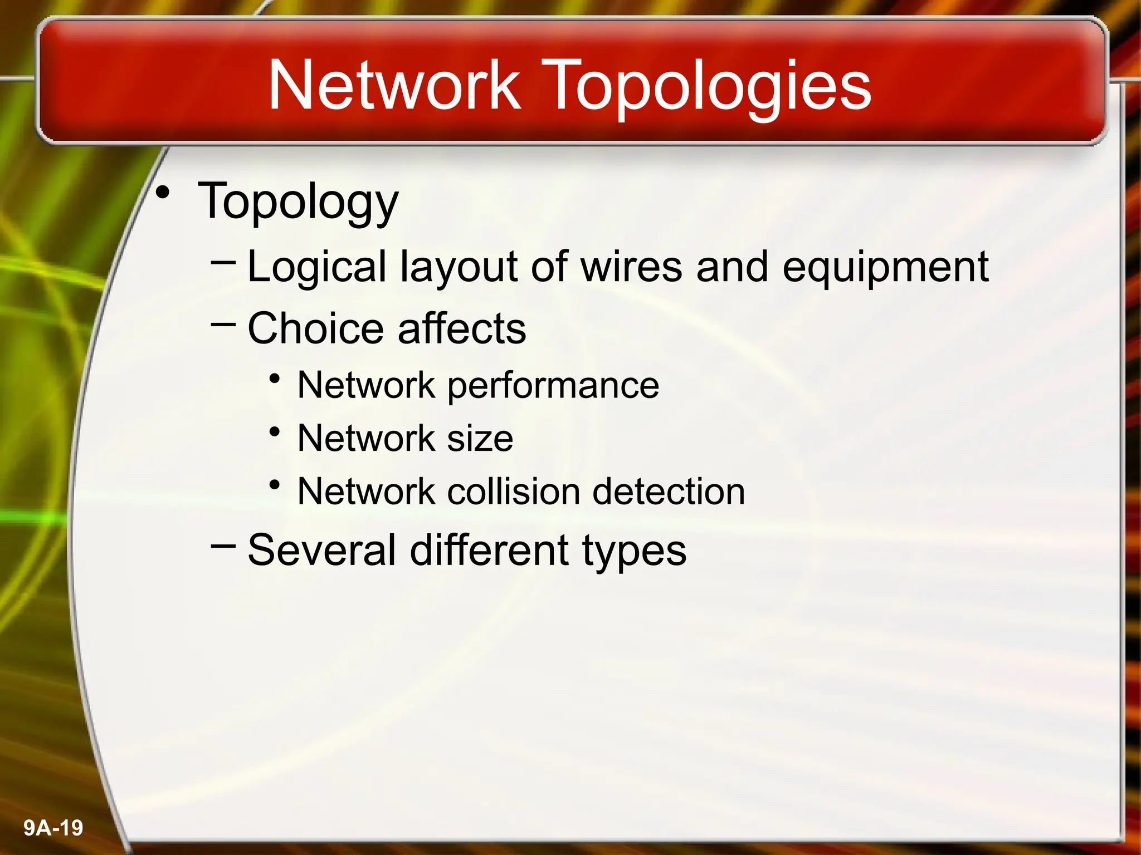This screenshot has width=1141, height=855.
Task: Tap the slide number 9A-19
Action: point(53,828)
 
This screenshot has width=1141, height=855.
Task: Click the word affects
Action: point(462,328)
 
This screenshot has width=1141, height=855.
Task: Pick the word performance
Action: point(553,386)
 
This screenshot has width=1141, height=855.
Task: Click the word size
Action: point(480,438)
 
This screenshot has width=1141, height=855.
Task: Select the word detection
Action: point(669,492)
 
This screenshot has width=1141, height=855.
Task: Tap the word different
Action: point(490,550)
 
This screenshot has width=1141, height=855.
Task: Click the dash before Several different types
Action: point(223,546)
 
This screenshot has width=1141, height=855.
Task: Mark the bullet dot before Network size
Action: point(274,432)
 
